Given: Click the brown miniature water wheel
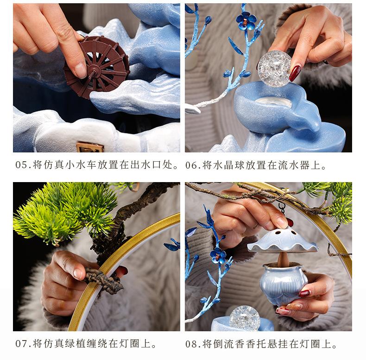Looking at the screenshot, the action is coord(96,67).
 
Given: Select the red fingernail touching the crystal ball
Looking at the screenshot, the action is coord(295,73).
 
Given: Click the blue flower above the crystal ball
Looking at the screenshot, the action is coord(246,20).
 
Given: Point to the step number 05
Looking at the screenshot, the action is coord(21,165).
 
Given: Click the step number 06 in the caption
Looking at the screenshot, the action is coord(191,165).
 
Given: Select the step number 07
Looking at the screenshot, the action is coord(21,344).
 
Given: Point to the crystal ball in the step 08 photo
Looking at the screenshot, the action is coord(245,318).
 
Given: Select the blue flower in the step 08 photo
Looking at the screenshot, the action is coord(218,255).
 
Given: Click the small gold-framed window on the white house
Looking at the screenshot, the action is coord(90,147).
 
